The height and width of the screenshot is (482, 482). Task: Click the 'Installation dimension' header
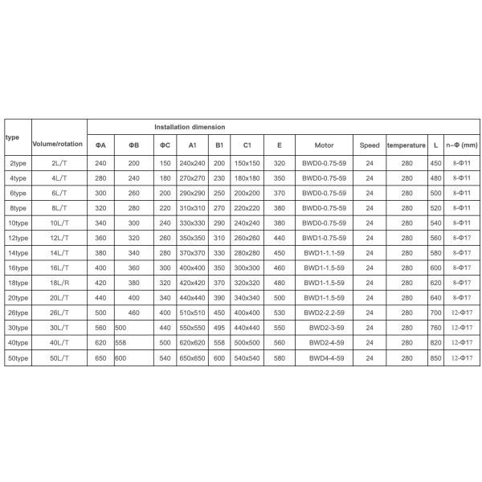[190, 127]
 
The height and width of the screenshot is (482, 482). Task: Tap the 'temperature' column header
[406, 145]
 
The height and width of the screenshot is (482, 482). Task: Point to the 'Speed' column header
[370, 145]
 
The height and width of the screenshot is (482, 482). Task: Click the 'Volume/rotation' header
[58, 143]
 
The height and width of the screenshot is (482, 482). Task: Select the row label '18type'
[18, 283]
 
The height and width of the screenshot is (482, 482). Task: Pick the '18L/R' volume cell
[59, 283]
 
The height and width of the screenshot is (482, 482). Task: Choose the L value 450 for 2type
[435, 163]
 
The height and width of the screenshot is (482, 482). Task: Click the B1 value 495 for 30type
[219, 327]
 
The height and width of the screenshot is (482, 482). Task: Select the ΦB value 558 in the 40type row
[121, 341]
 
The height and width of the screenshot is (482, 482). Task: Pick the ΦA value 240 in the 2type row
[100, 163]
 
